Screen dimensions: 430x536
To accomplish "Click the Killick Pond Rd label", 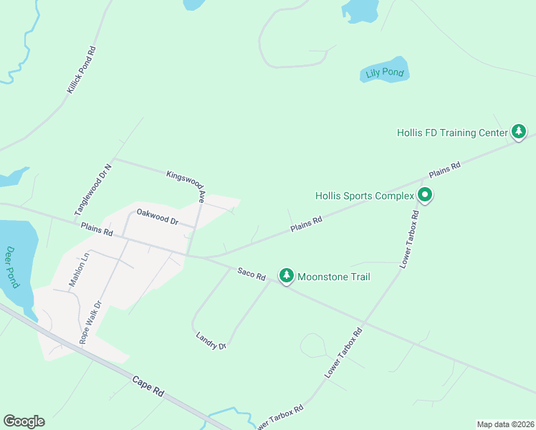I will tap(82, 70).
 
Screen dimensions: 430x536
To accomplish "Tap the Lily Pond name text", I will tap(383, 73).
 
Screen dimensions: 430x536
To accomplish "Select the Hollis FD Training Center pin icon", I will tap(519, 132).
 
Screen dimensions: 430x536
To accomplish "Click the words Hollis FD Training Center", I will tap(451, 133).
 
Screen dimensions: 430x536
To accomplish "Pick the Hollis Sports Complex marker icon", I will tap(425, 195).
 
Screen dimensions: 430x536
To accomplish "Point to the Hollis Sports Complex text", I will tap(365, 196).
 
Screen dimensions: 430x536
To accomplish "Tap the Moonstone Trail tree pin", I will tap(287, 276).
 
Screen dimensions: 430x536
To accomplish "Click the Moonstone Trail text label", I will tap(333, 277).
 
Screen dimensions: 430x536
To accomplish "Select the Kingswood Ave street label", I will tap(186, 185).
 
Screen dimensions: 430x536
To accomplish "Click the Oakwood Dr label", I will tap(157, 216).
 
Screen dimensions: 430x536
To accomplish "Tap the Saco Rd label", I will tap(252, 274).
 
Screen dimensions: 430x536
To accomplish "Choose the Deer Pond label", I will tap(11, 267).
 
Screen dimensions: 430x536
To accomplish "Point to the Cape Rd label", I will tap(148, 388).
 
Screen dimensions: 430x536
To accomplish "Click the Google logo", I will tap(24, 421).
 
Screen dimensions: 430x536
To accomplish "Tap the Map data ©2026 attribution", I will tap(505, 424).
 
